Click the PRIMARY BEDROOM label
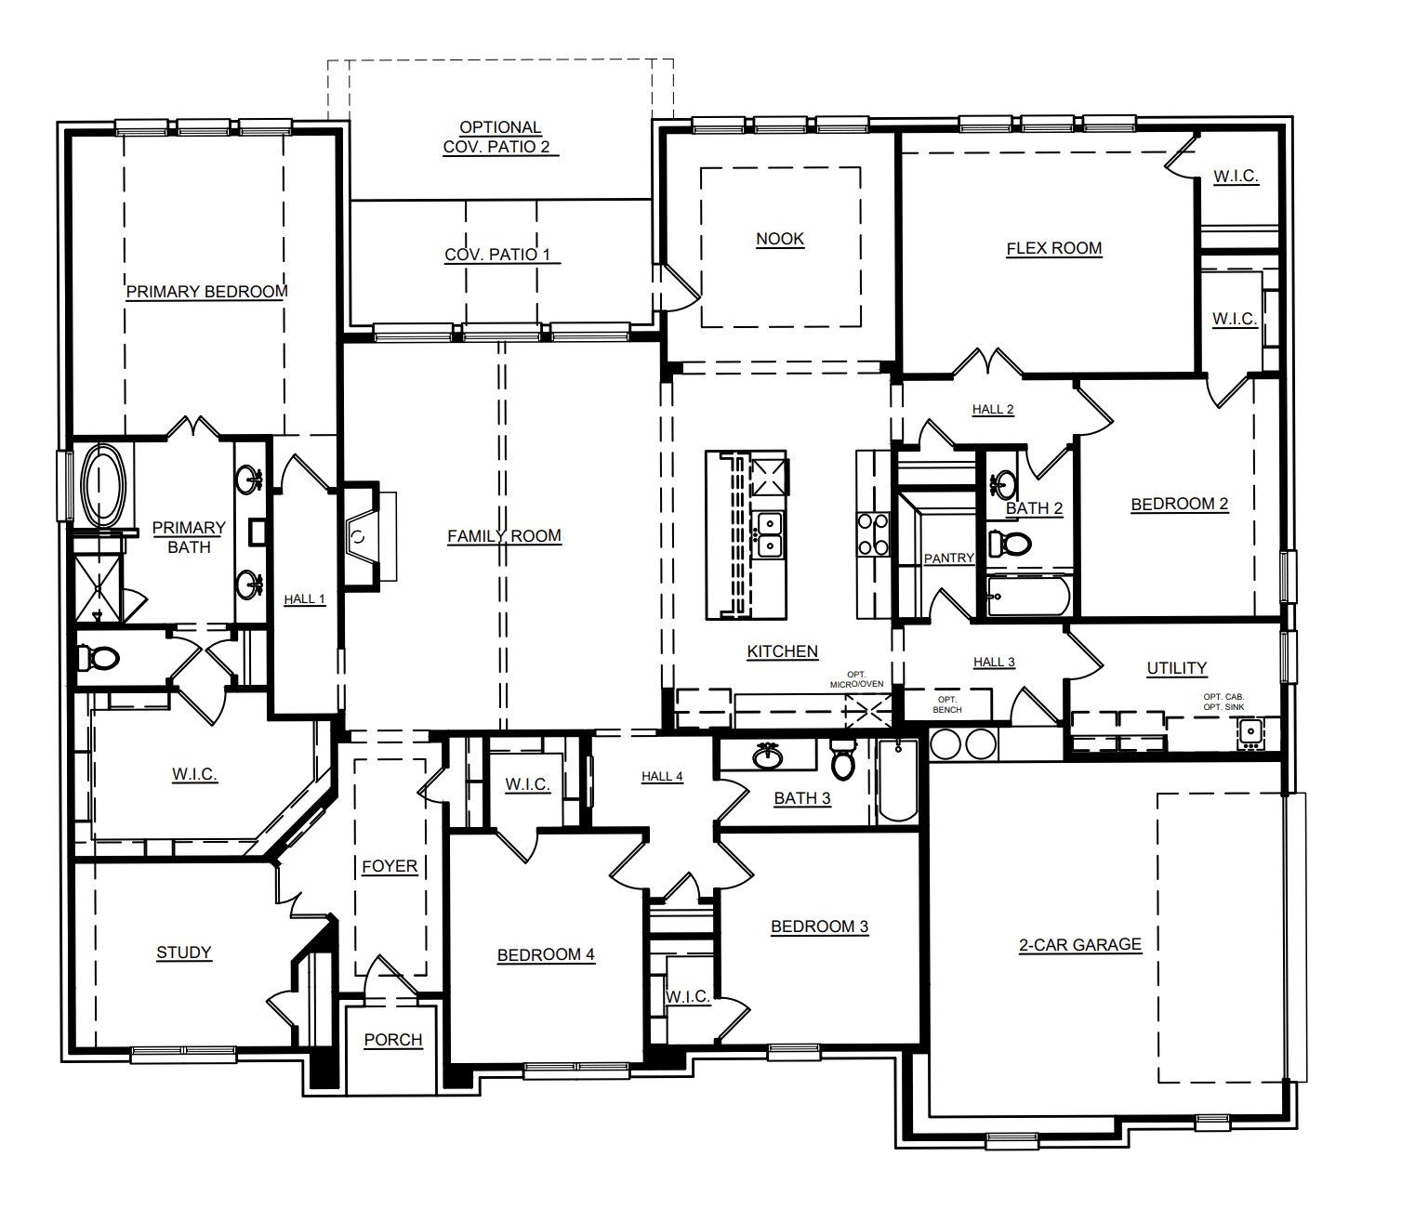pos(206,292)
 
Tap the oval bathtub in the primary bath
pos(103,486)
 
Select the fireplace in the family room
pos(361,537)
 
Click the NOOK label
pos(780,239)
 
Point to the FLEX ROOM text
pos(1054,248)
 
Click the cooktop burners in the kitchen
pos(873,534)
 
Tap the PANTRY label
pos(948,558)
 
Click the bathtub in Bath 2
pos(1027,596)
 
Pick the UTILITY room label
pos(1176,668)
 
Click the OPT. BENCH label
pos(947,704)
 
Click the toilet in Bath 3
pos(842,761)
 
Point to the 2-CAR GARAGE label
pos(1079,945)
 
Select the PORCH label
pos(392,1040)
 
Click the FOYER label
pos(390,866)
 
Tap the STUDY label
pos(184,953)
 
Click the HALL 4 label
pos(662,776)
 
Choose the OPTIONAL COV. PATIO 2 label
pos(499,137)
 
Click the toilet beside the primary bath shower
pos(99,659)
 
